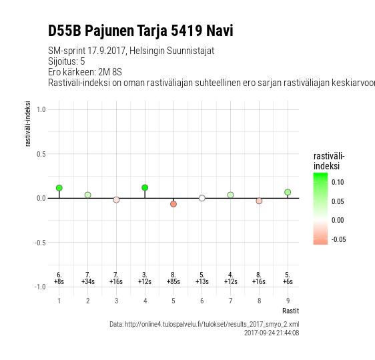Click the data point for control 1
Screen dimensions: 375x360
click(59, 188)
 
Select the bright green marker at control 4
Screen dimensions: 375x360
click(145, 187)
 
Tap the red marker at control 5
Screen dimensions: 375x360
click(173, 204)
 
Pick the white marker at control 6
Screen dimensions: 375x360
click(202, 198)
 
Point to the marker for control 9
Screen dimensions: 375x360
click(288, 192)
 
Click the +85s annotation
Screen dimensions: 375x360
click(173, 281)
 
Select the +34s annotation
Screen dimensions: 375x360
click(88, 281)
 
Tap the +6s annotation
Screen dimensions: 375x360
click(288, 281)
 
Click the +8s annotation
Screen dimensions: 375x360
click(59, 281)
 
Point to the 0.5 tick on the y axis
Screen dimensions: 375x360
click(41, 154)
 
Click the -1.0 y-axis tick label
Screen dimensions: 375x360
click(40, 287)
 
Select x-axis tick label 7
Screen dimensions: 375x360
click(231, 301)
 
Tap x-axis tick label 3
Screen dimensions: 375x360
click(116, 301)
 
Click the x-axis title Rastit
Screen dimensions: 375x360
click(290, 311)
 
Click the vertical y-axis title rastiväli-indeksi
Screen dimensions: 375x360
click(28, 123)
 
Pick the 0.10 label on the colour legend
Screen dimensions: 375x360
click(338, 182)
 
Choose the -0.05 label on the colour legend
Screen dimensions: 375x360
click(339, 239)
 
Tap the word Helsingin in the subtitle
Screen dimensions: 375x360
click(147, 51)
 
